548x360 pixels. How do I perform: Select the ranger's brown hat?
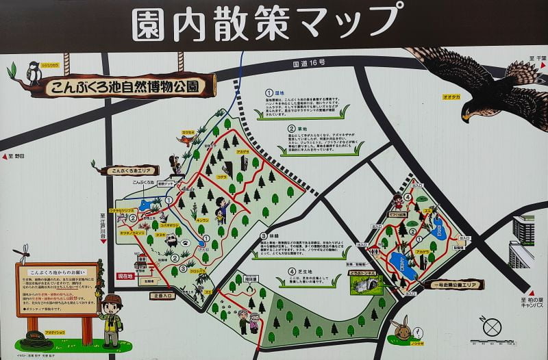112,300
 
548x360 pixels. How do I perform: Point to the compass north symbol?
491,326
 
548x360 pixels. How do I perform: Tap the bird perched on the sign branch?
33,72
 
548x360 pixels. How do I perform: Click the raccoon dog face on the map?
171,242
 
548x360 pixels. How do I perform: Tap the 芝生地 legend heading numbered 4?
294,272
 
